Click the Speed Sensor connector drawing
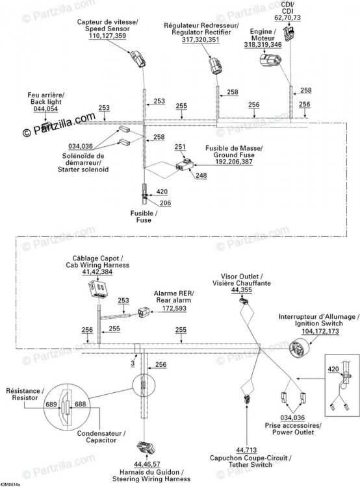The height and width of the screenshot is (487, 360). click(x=138, y=58)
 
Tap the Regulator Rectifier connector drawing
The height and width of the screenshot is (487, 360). click(x=215, y=66)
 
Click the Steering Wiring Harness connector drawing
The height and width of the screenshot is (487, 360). click(x=146, y=448)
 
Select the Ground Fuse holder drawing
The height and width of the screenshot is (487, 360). click(x=185, y=165)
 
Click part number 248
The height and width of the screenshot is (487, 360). click(x=201, y=175)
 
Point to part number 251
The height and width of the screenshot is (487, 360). click(x=180, y=147)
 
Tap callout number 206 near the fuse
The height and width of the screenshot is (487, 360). click(x=166, y=203)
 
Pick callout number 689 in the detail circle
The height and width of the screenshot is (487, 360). click(x=51, y=404)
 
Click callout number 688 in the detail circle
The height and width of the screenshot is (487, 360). click(x=80, y=404)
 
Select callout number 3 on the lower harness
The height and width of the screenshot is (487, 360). click(x=133, y=363)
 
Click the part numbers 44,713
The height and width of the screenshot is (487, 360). click(x=246, y=450)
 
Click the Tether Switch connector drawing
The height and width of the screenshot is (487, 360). click(x=247, y=399)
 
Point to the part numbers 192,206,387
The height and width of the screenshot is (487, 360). click(x=234, y=162)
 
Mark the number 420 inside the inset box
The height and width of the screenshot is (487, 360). click(x=333, y=369)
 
